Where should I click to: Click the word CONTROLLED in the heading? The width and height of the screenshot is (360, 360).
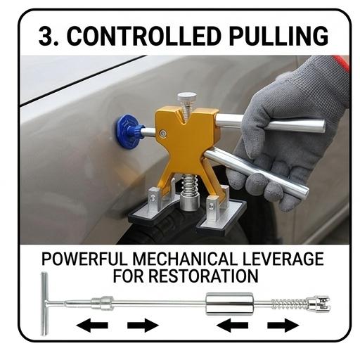click(x=144, y=37)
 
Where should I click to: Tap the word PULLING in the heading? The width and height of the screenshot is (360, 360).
click(x=278, y=37)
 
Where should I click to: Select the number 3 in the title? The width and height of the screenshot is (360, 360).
click(x=46, y=37)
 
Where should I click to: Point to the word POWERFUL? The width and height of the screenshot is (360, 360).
click(x=84, y=259)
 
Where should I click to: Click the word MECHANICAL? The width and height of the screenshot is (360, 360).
click(x=185, y=259)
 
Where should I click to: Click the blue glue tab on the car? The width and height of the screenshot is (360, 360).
click(x=128, y=131)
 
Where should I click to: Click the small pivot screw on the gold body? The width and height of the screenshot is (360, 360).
click(x=162, y=134)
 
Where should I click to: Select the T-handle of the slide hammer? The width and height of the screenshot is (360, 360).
click(x=44, y=304)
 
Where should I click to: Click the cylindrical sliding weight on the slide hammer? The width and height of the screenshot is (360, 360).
click(x=229, y=304)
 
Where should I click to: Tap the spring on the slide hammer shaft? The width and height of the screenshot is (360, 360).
click(x=290, y=304)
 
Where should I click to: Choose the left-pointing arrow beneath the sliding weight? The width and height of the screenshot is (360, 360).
click(x=232, y=326)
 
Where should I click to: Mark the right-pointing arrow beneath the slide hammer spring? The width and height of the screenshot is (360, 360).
click(x=283, y=326)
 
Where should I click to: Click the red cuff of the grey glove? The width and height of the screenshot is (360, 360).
click(x=342, y=63)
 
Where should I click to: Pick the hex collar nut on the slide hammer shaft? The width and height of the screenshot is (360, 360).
click(x=103, y=303)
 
